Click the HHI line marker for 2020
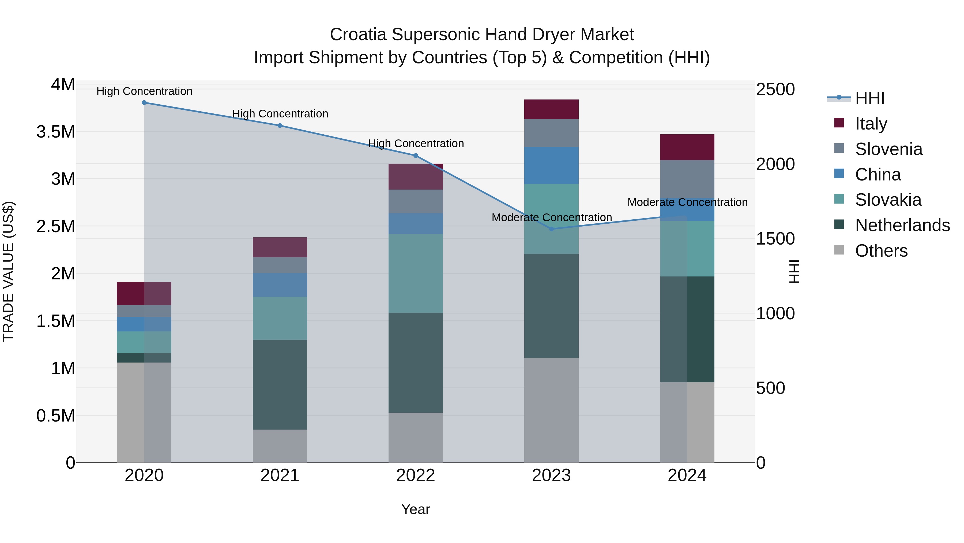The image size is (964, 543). [x=144, y=103]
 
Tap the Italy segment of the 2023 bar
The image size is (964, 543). [x=551, y=109]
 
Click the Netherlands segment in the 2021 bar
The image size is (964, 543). [x=280, y=385]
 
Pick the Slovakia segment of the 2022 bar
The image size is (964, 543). [x=415, y=273]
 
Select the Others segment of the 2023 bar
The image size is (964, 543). [x=551, y=410]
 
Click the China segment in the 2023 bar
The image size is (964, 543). [x=551, y=165]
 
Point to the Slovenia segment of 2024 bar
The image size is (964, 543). [x=687, y=179]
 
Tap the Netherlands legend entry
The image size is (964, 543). [x=902, y=225]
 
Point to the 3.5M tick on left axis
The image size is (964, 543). [x=56, y=132]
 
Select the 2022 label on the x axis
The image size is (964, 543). [x=415, y=475]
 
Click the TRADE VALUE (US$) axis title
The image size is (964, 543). [x=8, y=271]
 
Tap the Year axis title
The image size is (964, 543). [x=415, y=509]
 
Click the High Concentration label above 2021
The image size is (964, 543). [x=280, y=113]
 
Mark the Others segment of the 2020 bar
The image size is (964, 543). [x=144, y=412]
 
